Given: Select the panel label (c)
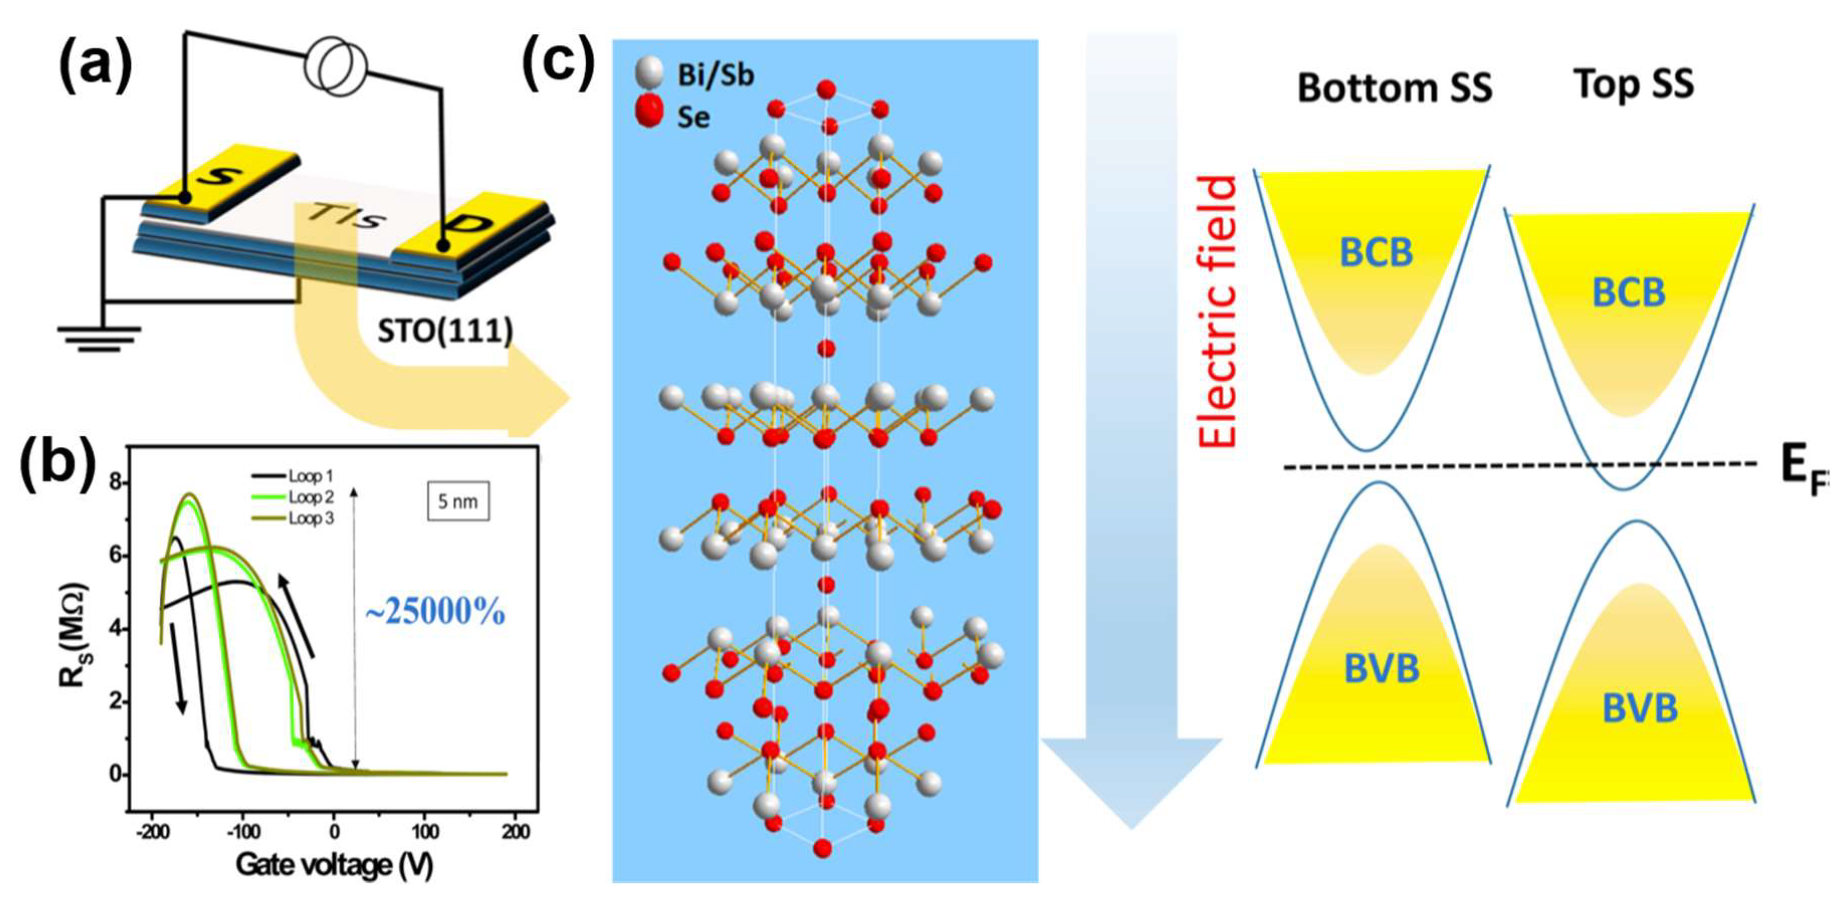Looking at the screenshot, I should (558, 63).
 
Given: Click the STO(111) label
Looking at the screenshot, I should (445, 331).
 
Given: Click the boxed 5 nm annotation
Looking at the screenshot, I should (457, 502).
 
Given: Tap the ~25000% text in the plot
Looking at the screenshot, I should (434, 612).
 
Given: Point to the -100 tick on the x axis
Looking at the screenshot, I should (243, 832).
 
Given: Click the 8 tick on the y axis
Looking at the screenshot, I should (116, 483).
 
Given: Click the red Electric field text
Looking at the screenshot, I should (1219, 312).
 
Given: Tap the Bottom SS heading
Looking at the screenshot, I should (1394, 87).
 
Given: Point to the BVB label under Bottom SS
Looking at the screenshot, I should (1381, 668).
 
